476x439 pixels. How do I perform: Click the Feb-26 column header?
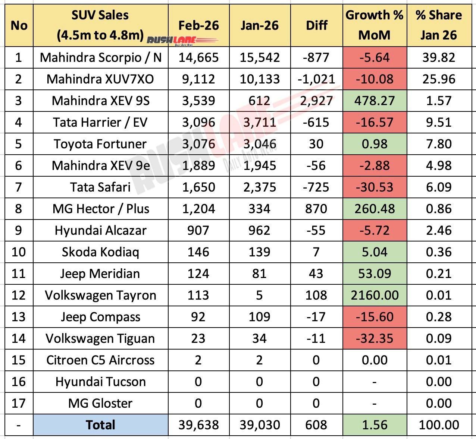click(x=198, y=25)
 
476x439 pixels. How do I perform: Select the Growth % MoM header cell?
click(x=374, y=25)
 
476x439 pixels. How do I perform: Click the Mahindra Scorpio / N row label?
click(x=100, y=57)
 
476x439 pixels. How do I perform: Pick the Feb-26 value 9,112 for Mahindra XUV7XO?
click(x=198, y=79)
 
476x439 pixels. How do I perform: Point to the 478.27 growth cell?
click(x=375, y=101)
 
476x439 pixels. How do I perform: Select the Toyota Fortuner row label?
click(x=100, y=144)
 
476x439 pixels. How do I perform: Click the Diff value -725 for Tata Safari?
click(x=316, y=187)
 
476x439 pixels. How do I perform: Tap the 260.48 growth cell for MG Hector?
click(x=375, y=209)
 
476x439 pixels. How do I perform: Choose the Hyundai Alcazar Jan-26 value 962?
click(x=260, y=230)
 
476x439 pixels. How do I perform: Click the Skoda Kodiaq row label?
click(x=100, y=252)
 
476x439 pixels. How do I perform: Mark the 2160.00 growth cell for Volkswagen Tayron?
click(x=375, y=295)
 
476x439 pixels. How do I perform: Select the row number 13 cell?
click(x=19, y=317)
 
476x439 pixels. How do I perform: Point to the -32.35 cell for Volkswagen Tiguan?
click(x=375, y=338)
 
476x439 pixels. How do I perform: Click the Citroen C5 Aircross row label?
click(x=100, y=360)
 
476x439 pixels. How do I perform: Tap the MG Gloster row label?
click(x=100, y=403)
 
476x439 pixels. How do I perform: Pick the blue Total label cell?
click(x=100, y=425)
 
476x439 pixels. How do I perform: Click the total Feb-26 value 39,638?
click(x=198, y=425)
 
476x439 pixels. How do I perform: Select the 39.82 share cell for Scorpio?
click(x=439, y=57)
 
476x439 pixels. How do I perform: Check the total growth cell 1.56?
click(x=375, y=425)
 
